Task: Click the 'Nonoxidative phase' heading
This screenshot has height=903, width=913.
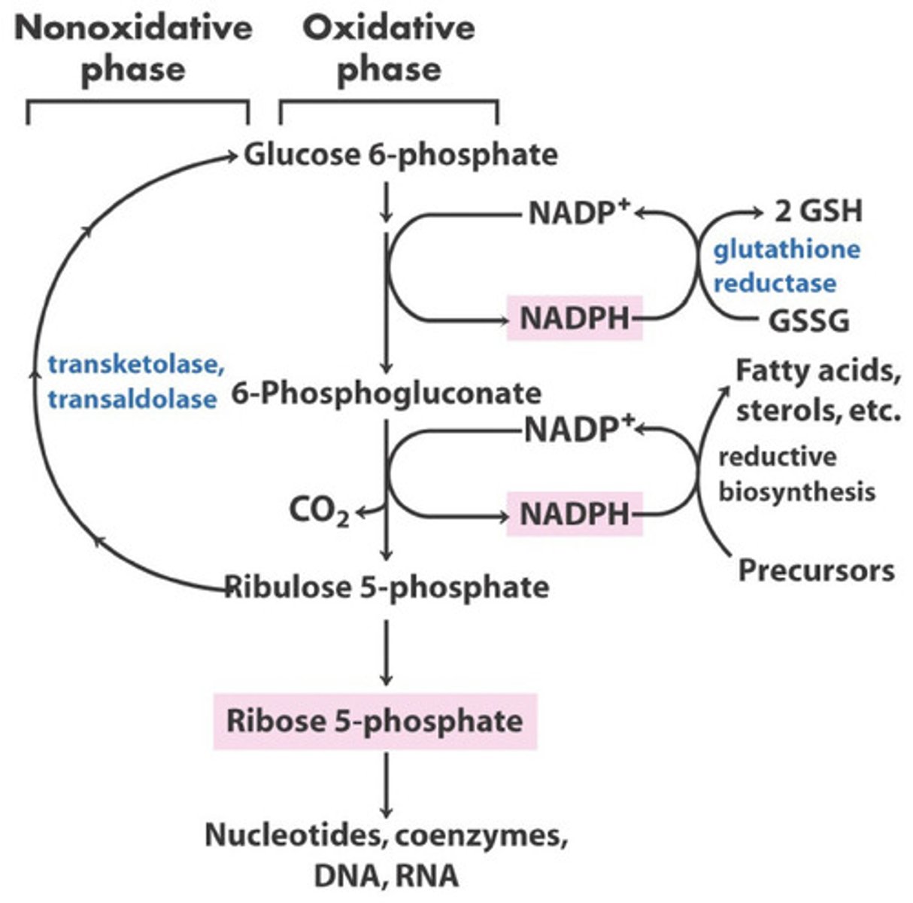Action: click(x=133, y=49)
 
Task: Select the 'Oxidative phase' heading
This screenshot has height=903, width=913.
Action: click(x=388, y=49)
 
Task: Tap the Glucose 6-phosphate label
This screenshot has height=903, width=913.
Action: click(x=400, y=155)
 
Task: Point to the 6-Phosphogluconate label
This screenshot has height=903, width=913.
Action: click(x=386, y=394)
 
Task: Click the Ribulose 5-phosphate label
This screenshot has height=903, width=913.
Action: click(x=387, y=586)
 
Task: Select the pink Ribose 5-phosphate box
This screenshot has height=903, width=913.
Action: click(x=375, y=721)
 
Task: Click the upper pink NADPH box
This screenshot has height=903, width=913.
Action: click(x=575, y=318)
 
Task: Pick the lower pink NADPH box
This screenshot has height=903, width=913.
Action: click(x=575, y=514)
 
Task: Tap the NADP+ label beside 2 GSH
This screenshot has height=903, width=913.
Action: click(x=578, y=213)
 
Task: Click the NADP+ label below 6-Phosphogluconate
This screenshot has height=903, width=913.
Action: click(x=578, y=430)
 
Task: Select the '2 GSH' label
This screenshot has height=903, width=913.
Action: click(x=817, y=211)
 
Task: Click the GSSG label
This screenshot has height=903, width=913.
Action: click(x=808, y=321)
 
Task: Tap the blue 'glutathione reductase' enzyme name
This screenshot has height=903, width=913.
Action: click(x=786, y=266)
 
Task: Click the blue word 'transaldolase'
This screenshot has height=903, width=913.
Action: click(x=132, y=398)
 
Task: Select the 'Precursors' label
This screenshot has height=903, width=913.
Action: click(x=816, y=570)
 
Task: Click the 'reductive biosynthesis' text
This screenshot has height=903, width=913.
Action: click(x=796, y=474)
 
